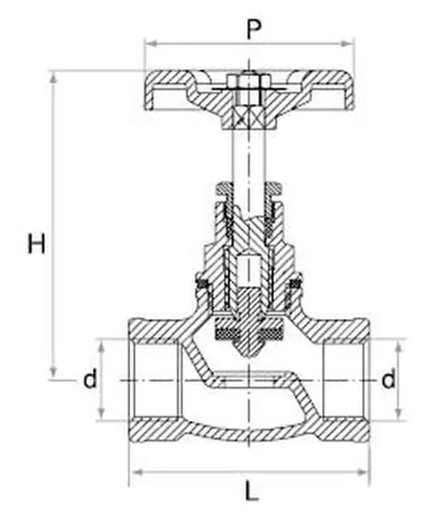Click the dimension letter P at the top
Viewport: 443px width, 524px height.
pyautogui.click(x=252, y=29)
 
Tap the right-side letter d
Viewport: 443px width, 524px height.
pyautogui.click(x=388, y=379)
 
